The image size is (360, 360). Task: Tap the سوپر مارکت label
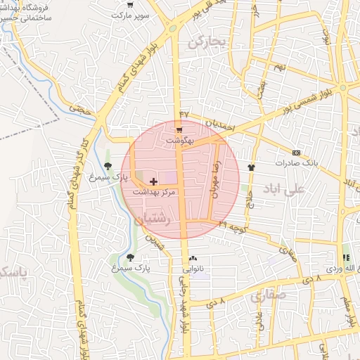(134, 13)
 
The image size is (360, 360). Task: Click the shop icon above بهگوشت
(179, 130)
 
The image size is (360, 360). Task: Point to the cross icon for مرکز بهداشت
(154, 181)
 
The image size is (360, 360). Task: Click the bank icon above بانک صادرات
(296, 153)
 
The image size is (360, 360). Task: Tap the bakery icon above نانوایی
(193, 259)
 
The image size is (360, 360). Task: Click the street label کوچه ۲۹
(232, 226)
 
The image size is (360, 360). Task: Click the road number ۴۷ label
(184, 114)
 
